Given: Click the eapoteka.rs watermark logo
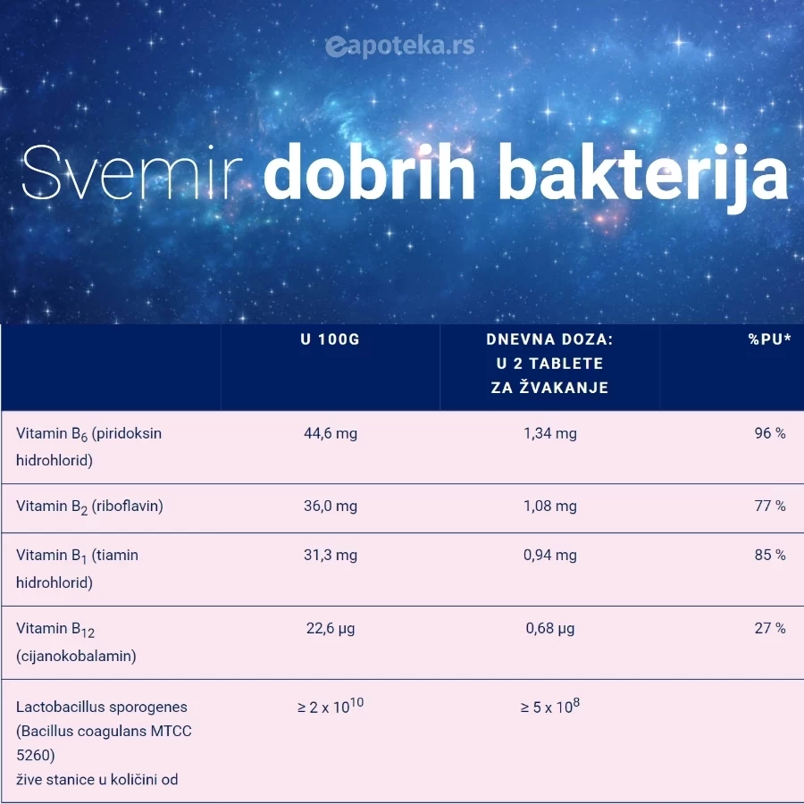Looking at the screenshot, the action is [x=400, y=46].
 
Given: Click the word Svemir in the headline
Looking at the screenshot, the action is [x=132, y=173].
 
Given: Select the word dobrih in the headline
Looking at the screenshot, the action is [x=369, y=172].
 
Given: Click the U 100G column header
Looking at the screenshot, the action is [x=331, y=339].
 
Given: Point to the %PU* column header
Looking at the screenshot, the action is [x=770, y=339].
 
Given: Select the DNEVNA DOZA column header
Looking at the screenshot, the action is [x=549, y=364].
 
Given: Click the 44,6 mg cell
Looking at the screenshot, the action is [x=331, y=434].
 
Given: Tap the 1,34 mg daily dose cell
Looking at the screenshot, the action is [x=549, y=434].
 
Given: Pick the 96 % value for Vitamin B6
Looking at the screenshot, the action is [x=770, y=433].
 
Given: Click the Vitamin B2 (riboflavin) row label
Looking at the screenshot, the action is [x=89, y=507].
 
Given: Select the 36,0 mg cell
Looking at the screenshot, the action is [x=331, y=507].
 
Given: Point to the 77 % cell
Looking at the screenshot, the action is [x=770, y=507].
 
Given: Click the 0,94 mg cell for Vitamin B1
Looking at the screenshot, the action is [x=549, y=556].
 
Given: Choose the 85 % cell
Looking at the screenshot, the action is [x=770, y=555].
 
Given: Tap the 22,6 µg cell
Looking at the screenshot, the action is [x=331, y=629].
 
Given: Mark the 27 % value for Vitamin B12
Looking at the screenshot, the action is [x=770, y=628].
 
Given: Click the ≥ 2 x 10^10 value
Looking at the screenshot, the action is [x=331, y=706].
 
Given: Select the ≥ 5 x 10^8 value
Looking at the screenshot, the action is [x=549, y=706].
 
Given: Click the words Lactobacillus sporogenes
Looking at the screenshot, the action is [x=102, y=708].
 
